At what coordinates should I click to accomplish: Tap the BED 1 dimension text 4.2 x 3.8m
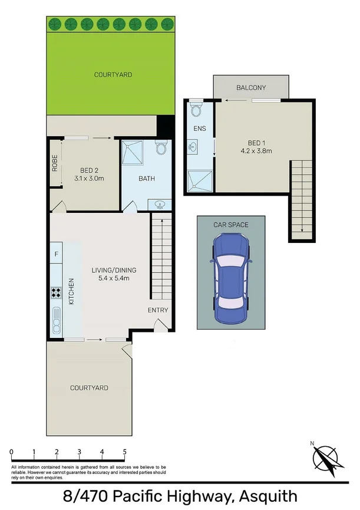pos(251,151)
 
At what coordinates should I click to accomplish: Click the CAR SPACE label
pos(231,225)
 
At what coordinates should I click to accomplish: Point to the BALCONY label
pos(251,88)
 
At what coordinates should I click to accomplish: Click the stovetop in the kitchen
pos(57,293)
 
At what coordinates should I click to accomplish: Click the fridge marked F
pos(57,254)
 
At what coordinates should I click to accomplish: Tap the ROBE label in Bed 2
pos(55,163)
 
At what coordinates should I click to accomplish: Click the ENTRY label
pos(158,310)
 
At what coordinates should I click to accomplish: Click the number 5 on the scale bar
pos(125,452)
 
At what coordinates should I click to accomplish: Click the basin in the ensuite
pos(194,147)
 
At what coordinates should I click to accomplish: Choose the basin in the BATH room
pos(159,205)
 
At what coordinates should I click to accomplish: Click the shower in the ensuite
pos(199,180)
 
